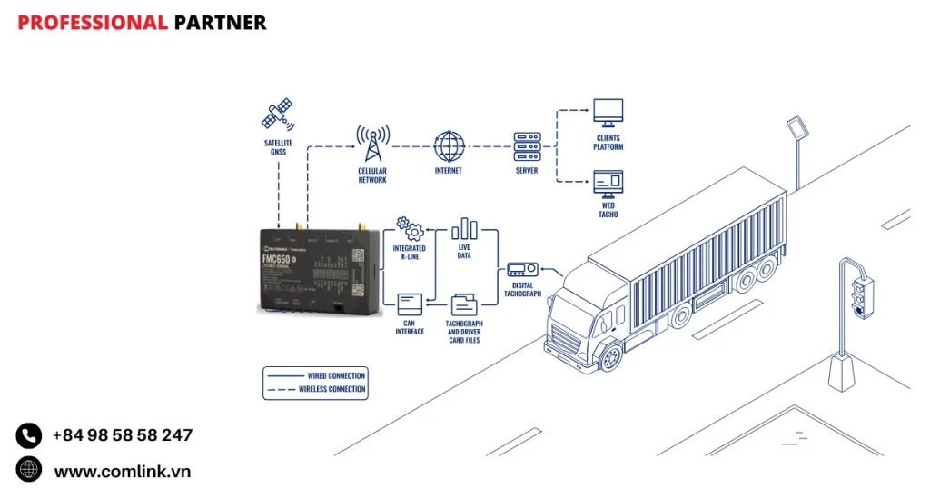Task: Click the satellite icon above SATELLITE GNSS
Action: pos(277,115)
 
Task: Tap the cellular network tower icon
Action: pos(372,145)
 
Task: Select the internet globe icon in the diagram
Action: pos(449,146)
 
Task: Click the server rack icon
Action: pos(527,146)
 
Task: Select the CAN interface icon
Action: pos(410,304)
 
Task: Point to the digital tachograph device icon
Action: pos(521,270)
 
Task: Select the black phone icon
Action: pos(29,435)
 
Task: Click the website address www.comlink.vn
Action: pos(123,471)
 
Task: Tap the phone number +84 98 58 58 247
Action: pos(123,435)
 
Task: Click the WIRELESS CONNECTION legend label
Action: pos(331,389)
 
